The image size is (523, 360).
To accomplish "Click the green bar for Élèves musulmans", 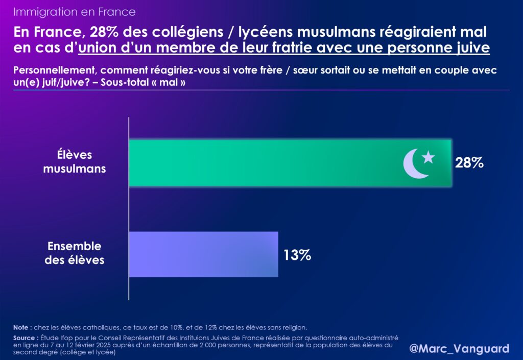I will (x=266, y=162).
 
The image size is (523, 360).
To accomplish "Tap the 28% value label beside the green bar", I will (x=469, y=163).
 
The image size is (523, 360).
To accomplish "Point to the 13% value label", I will (x=297, y=255).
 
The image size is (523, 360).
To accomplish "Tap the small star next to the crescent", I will (x=428, y=157).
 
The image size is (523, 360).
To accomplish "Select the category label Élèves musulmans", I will (x=74, y=161).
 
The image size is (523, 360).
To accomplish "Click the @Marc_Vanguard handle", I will (x=459, y=348).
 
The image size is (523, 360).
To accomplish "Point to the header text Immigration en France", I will (x=74, y=11).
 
